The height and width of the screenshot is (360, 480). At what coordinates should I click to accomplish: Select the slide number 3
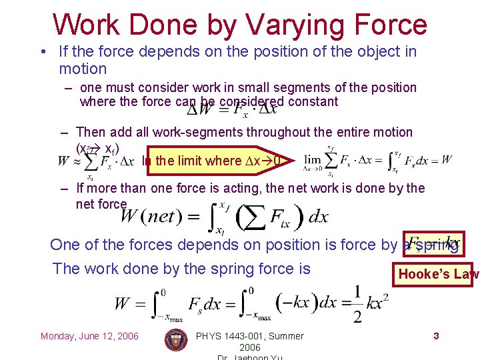pos(436,336)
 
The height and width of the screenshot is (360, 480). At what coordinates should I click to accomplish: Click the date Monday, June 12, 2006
pos(89,336)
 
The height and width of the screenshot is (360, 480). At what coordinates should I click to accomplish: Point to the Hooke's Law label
pos(438,274)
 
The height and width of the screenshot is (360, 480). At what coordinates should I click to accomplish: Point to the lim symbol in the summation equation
pos(313,160)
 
